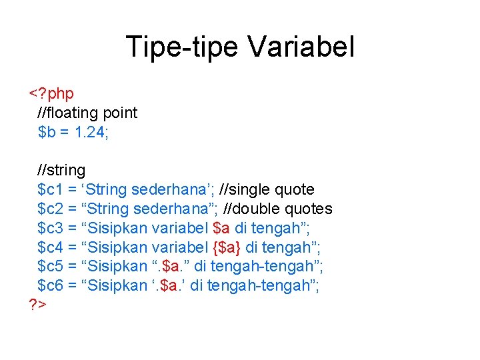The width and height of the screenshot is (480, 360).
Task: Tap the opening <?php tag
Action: (51, 93)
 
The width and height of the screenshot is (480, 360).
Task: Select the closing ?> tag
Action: (37, 305)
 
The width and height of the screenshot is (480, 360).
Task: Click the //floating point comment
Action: (87, 113)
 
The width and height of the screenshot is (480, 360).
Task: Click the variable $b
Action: (47, 132)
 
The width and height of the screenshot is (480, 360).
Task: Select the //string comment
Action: (61, 171)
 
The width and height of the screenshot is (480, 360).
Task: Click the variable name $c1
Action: (51, 190)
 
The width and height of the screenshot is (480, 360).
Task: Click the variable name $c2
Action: (51, 209)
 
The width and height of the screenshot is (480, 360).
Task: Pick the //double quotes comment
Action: (277, 209)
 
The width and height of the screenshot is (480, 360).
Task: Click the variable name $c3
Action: (51, 228)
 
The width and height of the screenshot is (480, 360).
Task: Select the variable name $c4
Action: (51, 247)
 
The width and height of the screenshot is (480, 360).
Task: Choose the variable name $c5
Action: (51, 267)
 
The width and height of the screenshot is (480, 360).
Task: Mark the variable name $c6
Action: (51, 285)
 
